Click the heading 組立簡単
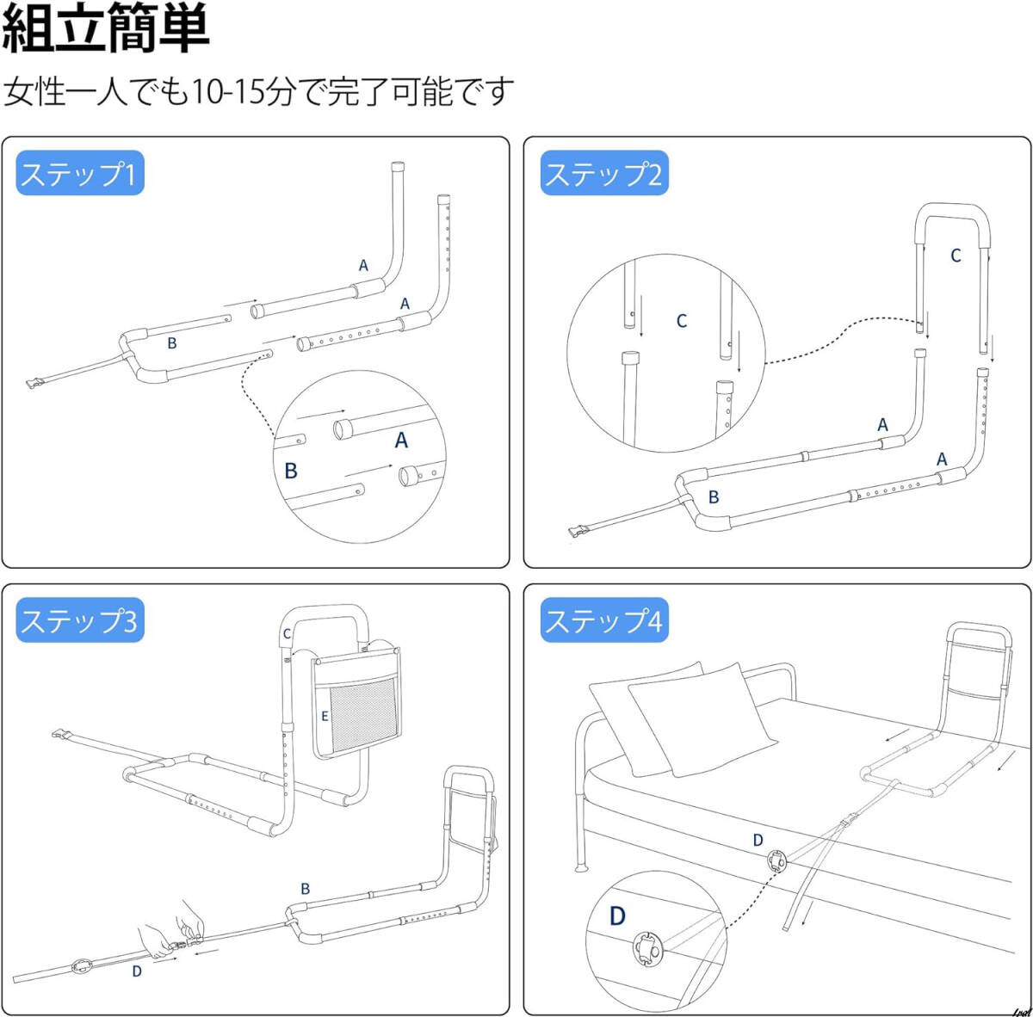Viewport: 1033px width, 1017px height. [x=105, y=28]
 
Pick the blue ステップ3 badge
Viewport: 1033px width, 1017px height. [x=79, y=621]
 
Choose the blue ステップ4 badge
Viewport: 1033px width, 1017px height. [x=603, y=621]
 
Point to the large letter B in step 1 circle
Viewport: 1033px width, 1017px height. [x=291, y=471]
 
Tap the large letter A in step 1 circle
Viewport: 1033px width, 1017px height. [x=401, y=441]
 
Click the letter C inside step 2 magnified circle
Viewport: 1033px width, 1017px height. [x=681, y=321]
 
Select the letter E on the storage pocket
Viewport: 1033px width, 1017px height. [x=325, y=716]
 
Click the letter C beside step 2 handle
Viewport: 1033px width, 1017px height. [x=956, y=256]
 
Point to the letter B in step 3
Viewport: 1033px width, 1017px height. [x=306, y=889]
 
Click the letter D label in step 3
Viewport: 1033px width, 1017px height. [x=137, y=971]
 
